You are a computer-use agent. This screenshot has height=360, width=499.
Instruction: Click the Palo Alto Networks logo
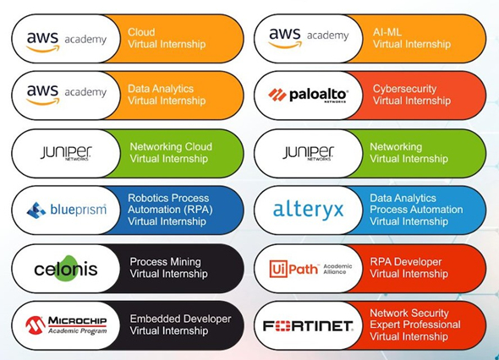click(308, 95)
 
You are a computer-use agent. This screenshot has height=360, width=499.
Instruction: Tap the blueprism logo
click(67, 210)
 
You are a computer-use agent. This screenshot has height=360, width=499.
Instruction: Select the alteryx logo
click(309, 210)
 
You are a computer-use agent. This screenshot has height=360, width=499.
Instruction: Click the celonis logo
click(66, 269)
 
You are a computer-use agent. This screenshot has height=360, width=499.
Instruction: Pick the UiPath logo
click(310, 269)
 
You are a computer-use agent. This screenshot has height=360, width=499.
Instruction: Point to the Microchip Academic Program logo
click(66, 325)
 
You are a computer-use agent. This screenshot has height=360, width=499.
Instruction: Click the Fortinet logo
click(308, 326)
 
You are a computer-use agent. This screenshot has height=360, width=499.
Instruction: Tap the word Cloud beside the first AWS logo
click(141, 32)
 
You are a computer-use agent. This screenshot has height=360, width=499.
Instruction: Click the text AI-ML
click(387, 32)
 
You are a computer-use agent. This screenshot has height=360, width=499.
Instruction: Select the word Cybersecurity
click(404, 89)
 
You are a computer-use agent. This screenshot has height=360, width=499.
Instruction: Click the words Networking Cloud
click(171, 146)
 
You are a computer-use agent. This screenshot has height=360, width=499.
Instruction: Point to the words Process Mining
click(165, 262)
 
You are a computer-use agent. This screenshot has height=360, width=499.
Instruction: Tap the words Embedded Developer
click(180, 319)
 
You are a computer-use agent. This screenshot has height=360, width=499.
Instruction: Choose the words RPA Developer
click(406, 262)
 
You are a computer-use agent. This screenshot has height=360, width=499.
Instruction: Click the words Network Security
click(409, 314)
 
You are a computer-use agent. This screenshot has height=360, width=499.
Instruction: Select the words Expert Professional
click(415, 325)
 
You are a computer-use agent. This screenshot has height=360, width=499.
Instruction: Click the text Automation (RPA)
click(170, 210)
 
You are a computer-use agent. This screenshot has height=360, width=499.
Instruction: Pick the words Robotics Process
click(168, 198)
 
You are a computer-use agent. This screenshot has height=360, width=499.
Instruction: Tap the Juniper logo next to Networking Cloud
click(66, 153)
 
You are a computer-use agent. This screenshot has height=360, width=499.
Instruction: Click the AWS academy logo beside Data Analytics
click(67, 95)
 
